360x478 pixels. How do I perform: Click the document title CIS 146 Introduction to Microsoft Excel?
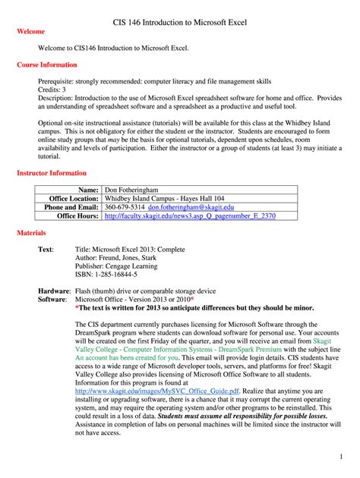tap(180, 26)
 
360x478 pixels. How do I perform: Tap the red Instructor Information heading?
tap(52, 173)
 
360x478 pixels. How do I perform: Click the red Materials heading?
tap(31, 232)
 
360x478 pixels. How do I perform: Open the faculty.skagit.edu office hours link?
tap(190, 215)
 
